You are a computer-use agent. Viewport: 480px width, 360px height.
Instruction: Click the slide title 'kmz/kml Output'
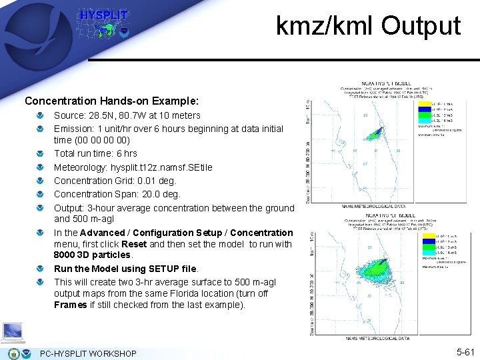tap(368, 26)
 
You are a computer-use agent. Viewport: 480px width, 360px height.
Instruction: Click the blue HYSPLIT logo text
tap(103, 15)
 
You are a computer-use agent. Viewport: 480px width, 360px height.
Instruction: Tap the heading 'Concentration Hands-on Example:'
tap(111, 101)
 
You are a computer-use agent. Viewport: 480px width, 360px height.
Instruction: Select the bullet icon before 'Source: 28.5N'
tap(42, 115)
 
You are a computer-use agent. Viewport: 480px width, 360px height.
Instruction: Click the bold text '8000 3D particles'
tap(93, 255)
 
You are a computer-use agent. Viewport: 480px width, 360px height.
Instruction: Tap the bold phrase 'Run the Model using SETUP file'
tap(126, 269)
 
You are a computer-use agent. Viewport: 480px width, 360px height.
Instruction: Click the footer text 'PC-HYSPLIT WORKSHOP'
tap(88, 353)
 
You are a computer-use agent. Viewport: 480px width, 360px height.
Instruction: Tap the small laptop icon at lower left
tap(13, 331)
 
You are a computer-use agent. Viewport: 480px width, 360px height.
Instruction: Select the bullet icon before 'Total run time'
tap(42, 154)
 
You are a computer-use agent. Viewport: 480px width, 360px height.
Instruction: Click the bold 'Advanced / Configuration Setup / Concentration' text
tap(186, 233)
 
